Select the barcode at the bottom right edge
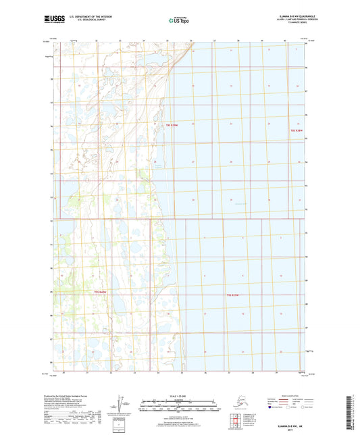coord(353,412)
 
